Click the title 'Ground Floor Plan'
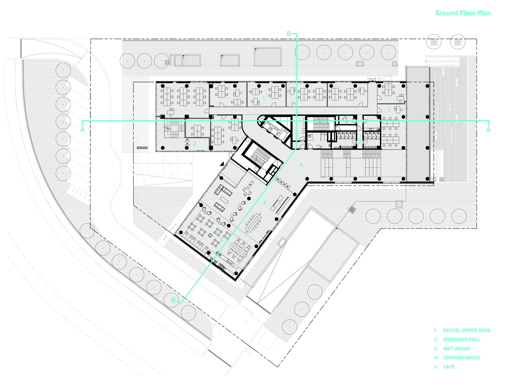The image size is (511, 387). pos(463,13)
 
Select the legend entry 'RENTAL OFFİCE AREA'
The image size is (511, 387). pos(467,330)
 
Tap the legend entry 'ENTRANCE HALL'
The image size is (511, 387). pos(461,339)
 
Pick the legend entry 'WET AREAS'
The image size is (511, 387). pos(456,349)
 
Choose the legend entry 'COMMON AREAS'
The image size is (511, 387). pos(461,358)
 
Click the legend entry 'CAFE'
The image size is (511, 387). pos(449,367)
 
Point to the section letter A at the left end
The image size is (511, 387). pos(82,130)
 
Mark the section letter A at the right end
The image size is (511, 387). pos(488,130)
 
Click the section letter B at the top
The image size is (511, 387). pos(288,34)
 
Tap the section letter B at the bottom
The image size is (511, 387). pos(173,300)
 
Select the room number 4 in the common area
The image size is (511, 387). pos(301,165)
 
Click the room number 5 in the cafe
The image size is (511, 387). pos(221,240)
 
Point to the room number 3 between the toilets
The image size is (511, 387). pos(359,141)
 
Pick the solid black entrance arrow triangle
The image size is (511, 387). pos(222,164)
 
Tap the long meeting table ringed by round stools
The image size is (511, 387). pos(253,222)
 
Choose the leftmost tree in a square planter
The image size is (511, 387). pos(434,42)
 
